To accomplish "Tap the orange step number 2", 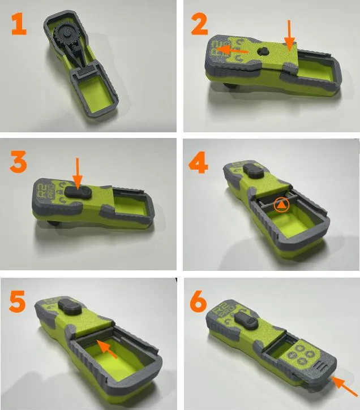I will click(x=199, y=24).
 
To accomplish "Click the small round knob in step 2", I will click(x=262, y=51).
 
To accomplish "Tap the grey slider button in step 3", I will click(x=76, y=192).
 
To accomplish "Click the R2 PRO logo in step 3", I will click(x=45, y=189).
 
